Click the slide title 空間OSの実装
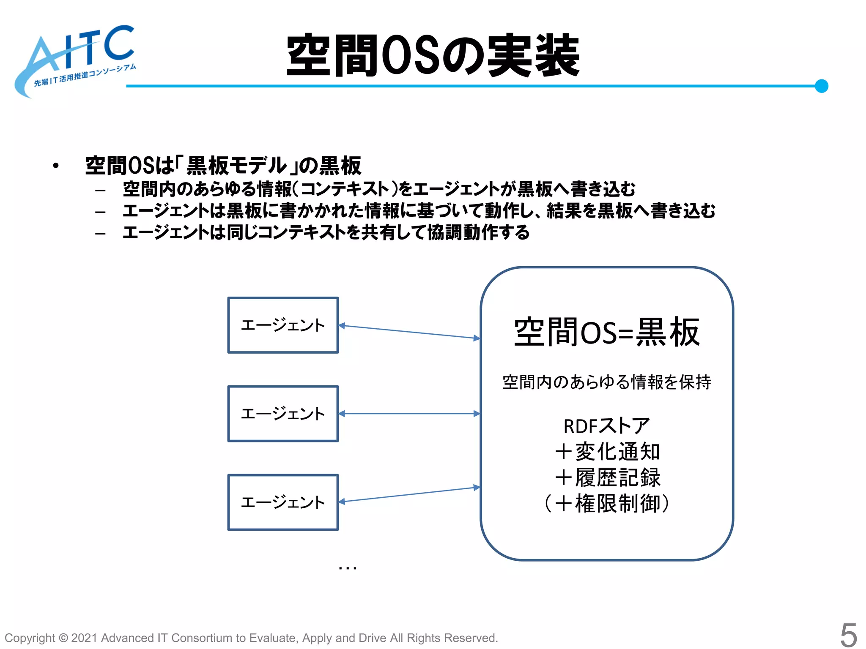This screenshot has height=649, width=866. pyautogui.click(x=433, y=55)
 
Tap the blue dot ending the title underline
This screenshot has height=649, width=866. pyautogui.click(x=821, y=86)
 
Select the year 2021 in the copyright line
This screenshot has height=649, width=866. pyautogui.click(x=85, y=638)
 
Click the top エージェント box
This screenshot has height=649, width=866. pyautogui.click(x=283, y=325)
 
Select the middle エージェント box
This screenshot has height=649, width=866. pyautogui.click(x=283, y=414)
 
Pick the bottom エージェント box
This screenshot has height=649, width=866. pyautogui.click(x=283, y=502)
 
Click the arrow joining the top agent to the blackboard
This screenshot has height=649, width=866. pyautogui.click(x=409, y=332)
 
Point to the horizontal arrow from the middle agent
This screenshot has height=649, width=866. pyautogui.click(x=409, y=414)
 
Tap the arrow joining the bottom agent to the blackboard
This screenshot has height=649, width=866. pyautogui.click(x=409, y=494)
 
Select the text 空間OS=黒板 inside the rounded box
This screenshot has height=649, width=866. pyautogui.click(x=606, y=333)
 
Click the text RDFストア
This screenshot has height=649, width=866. pyautogui.click(x=606, y=426)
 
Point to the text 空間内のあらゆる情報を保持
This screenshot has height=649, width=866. pyautogui.click(x=606, y=382)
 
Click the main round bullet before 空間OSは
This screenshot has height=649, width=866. pyautogui.click(x=56, y=166)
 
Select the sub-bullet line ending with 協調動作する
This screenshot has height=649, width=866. pyautogui.click(x=326, y=232)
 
